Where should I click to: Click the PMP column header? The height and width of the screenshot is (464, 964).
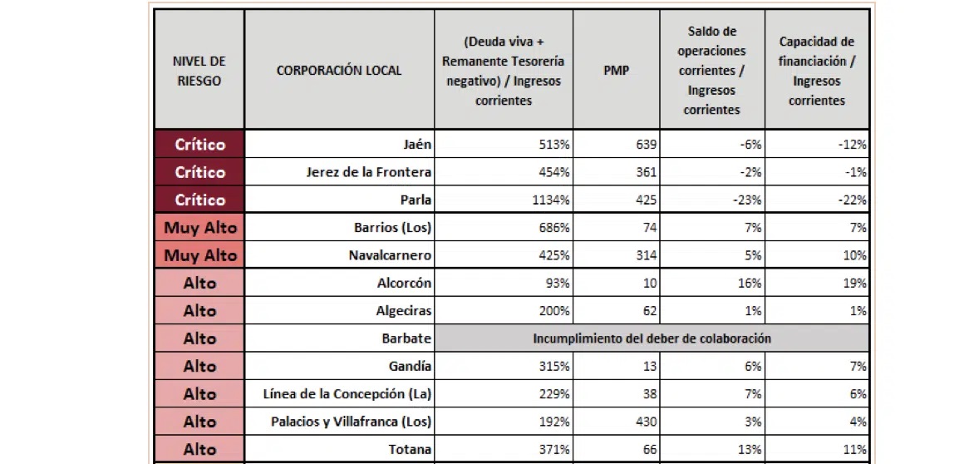[616, 71]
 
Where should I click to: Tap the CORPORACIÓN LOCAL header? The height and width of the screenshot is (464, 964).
[339, 71]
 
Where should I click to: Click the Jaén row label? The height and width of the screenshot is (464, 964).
[417, 145]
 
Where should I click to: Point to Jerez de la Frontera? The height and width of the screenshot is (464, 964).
[370, 172]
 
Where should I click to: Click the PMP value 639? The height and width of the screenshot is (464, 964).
[646, 145]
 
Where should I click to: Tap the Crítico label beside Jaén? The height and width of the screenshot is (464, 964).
[199, 145]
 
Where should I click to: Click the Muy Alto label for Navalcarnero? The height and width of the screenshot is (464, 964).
[199, 255]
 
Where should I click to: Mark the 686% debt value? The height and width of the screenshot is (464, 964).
[555, 227]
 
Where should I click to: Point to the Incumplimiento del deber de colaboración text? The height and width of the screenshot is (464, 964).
[652, 338]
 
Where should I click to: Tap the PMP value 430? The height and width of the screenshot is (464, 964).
[646, 422]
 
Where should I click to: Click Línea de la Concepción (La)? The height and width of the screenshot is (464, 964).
[347, 394]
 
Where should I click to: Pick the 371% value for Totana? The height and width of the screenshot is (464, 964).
[555, 449]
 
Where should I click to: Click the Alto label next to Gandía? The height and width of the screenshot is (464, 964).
[199, 366]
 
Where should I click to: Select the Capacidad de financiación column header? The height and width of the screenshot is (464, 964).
[816, 71]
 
